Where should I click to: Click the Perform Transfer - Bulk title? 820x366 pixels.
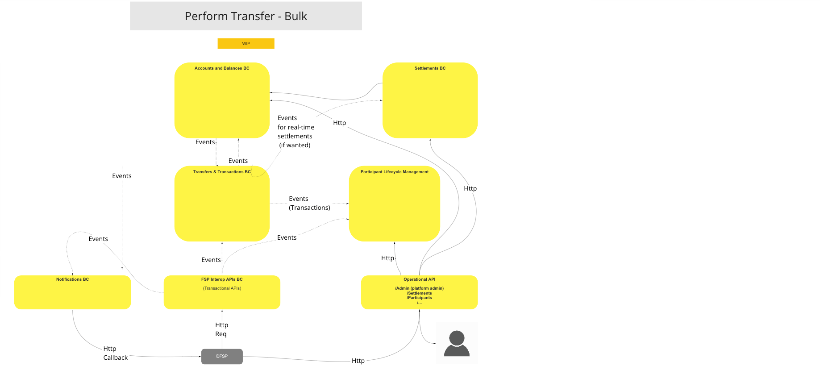(x=246, y=16)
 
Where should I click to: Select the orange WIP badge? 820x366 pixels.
(x=246, y=43)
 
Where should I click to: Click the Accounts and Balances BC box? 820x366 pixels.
(x=222, y=100)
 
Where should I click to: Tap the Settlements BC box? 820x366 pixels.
(x=430, y=100)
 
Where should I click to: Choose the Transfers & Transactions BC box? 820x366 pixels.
(x=222, y=204)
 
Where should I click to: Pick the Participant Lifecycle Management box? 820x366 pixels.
(x=394, y=204)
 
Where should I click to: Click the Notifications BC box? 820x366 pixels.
(x=72, y=292)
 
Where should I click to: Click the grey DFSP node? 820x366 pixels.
(x=222, y=356)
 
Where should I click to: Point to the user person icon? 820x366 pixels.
(x=457, y=343)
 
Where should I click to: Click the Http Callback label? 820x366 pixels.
(x=115, y=353)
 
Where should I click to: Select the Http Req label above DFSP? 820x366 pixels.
(x=221, y=329)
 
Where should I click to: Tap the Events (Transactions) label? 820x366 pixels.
(x=309, y=203)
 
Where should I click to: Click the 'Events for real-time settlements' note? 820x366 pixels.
(x=296, y=132)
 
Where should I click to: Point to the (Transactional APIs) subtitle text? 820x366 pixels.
(x=222, y=288)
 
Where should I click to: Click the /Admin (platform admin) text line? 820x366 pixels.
(x=419, y=288)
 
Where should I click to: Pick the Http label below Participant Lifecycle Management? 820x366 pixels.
(x=387, y=258)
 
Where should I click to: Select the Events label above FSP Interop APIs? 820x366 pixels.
(x=211, y=260)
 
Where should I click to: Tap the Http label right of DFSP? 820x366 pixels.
(x=358, y=361)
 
